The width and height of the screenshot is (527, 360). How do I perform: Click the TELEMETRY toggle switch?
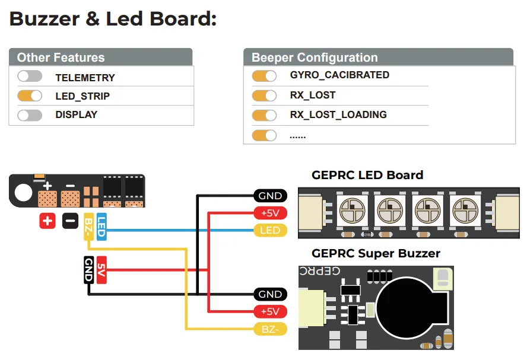[x=30, y=77]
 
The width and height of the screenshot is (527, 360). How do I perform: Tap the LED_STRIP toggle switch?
[x=30, y=95]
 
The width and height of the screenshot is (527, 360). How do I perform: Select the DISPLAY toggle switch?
[x=30, y=114]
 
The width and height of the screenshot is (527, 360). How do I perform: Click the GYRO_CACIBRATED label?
[x=339, y=75]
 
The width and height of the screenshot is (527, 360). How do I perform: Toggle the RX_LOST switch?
[x=264, y=95]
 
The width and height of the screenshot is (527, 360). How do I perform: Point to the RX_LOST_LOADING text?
[x=338, y=114]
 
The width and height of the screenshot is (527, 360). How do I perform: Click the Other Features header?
[x=61, y=58]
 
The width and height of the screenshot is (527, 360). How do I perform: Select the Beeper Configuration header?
[x=315, y=58]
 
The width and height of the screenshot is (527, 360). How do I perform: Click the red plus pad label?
[x=47, y=221]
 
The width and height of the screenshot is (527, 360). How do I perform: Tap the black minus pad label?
[x=70, y=221]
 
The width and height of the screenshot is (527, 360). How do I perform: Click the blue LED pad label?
[x=101, y=226]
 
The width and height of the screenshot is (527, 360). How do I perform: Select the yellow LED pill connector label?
[x=270, y=230]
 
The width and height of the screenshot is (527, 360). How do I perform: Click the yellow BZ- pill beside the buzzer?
[x=270, y=329]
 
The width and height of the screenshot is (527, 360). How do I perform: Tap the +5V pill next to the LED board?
[x=270, y=213]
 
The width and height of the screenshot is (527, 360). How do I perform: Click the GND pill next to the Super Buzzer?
[x=270, y=294]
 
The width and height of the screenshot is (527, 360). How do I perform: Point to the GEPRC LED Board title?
[x=367, y=176]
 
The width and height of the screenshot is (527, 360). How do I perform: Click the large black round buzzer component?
[x=412, y=308]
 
